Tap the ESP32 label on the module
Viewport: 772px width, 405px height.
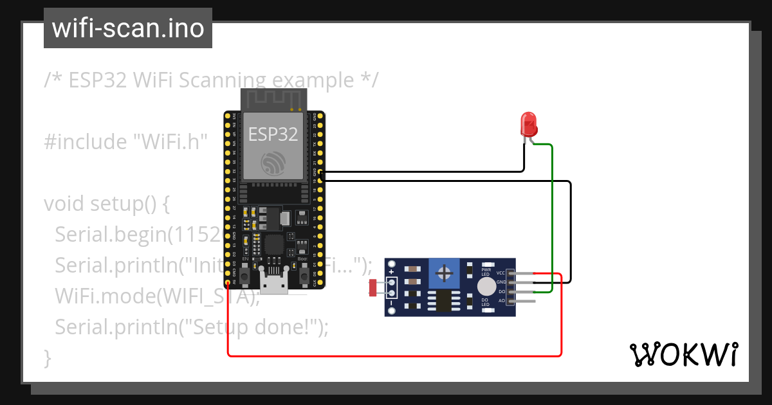tap(273, 134)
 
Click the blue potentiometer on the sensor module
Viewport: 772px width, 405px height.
tap(444, 273)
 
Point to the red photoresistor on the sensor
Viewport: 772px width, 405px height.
tap(372, 287)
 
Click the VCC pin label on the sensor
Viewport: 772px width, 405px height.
tap(501, 273)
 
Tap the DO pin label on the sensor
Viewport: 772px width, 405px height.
tap(501, 291)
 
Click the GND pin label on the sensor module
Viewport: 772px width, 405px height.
tap(501, 282)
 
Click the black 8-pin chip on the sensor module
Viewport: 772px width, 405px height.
tap(443, 300)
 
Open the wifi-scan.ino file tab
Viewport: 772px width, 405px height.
tap(128, 28)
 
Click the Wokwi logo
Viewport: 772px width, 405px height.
tap(683, 354)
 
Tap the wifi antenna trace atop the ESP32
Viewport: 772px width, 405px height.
tap(273, 98)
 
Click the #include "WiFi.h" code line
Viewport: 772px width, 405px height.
tap(126, 141)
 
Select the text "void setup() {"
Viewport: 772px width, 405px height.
tap(107, 204)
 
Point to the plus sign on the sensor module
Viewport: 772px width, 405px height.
tap(391, 272)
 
